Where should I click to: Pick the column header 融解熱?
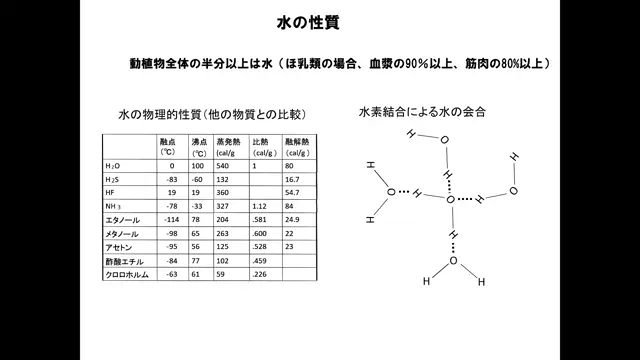296,143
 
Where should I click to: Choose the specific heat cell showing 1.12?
261,205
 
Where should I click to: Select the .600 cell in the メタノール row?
261,232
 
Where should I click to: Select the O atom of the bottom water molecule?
452,262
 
